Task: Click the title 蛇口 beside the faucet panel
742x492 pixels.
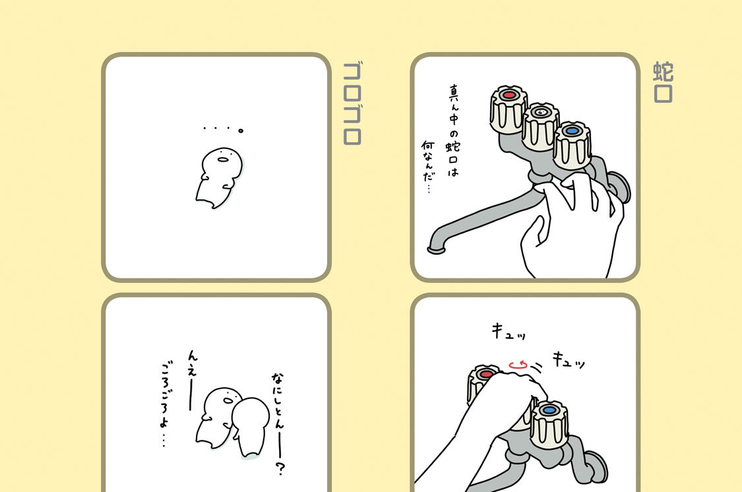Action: click(663, 82)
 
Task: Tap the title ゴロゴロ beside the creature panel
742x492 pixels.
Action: click(352, 103)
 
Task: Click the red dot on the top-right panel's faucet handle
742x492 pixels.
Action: click(509, 95)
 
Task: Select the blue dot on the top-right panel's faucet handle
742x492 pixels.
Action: click(572, 131)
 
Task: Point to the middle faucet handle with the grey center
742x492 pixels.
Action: click(540, 126)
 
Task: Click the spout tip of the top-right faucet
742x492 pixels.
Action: click(435, 249)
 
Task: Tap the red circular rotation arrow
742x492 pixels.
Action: click(518, 365)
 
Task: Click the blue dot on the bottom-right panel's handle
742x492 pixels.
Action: click(549, 410)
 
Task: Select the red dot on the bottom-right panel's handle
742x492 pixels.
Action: click(486, 374)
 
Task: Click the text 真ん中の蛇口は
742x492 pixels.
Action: click(453, 131)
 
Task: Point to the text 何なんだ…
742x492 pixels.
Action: click(428, 166)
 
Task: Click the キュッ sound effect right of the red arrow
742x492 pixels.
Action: click(569, 360)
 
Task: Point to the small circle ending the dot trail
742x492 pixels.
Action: click(241, 131)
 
